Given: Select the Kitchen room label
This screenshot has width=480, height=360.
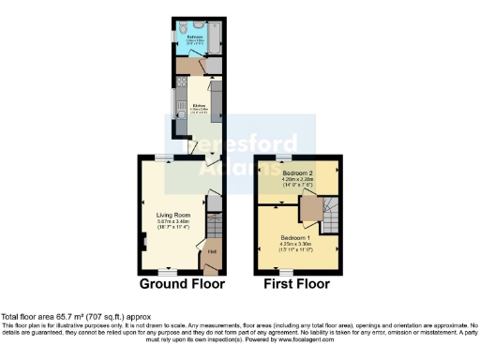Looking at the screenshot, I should (198, 105).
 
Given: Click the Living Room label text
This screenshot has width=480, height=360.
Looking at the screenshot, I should (173, 215).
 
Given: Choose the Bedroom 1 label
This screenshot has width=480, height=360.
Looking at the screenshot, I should (293, 237).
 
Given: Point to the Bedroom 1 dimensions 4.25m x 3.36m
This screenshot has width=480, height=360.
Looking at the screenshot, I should (293, 244).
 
